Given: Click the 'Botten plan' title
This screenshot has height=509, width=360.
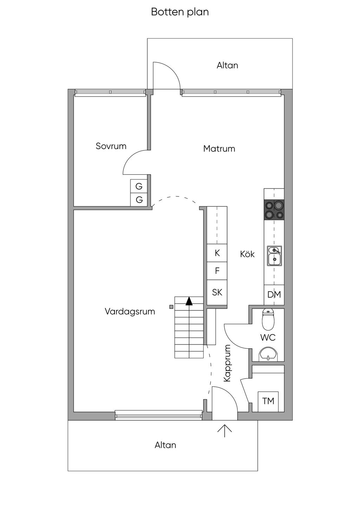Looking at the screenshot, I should point(180,12).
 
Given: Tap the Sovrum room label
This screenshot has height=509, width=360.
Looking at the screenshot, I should point(111,146).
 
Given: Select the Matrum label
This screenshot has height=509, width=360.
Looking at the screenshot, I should point(219,149).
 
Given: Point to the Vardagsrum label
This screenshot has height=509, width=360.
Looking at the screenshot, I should point(130,311).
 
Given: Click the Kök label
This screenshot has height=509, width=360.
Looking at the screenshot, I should point(247,254).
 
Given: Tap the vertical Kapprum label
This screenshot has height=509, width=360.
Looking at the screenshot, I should point(227,363).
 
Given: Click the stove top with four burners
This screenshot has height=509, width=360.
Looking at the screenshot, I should point(274,210).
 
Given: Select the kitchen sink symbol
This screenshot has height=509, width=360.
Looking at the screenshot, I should point(274,256).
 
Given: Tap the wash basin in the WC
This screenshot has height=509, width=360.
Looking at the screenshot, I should point(268,354).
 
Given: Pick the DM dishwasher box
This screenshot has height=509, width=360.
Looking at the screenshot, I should point(274,295).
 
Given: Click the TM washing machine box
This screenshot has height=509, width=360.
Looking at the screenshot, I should point(268,401).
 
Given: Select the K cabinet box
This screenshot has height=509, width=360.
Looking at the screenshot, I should point(217,253).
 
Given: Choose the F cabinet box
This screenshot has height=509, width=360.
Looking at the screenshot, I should point(217,271).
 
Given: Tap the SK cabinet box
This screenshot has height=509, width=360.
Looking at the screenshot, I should point(217,292).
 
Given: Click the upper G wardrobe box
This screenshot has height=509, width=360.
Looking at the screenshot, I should point(139,186).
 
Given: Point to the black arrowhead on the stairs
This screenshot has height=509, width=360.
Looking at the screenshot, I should point(189,301).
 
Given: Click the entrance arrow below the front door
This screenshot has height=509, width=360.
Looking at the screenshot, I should point(225,430).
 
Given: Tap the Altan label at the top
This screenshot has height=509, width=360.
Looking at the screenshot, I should point(227,65).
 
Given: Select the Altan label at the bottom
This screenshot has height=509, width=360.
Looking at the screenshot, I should point(165,445).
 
